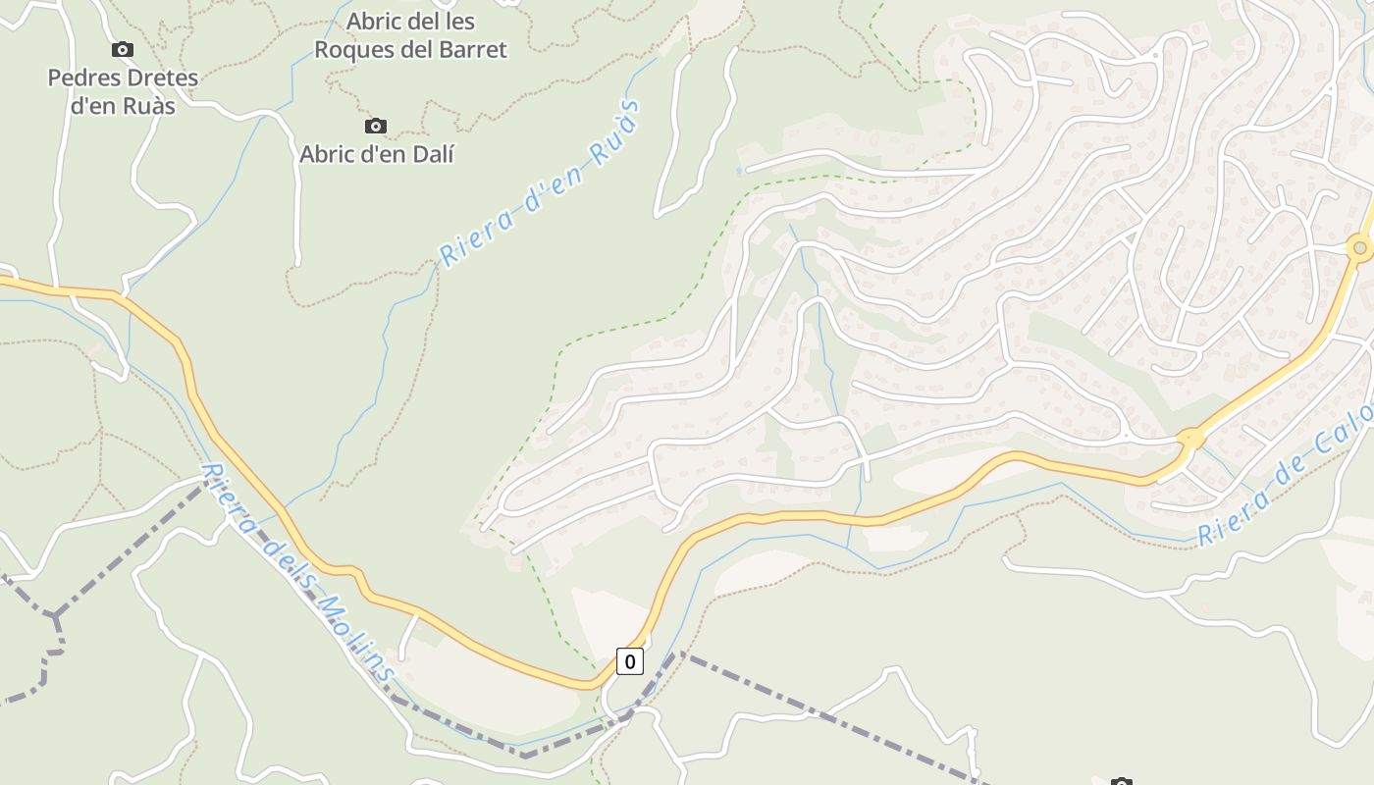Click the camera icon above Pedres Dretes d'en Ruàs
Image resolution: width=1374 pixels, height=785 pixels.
tap(123, 49)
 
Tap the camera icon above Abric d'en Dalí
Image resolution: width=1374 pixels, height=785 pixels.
tap(375, 126)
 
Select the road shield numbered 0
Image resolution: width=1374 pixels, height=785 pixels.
tap(629, 661)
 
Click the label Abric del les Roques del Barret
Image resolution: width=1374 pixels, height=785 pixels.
tap(409, 35)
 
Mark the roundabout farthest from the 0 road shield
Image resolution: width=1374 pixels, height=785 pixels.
tap(1359, 248)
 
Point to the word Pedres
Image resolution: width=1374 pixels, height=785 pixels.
tap(82, 78)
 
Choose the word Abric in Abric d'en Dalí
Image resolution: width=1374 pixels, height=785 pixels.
tap(329, 154)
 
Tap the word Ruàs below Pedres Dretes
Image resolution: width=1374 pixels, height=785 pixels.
tap(146, 105)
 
